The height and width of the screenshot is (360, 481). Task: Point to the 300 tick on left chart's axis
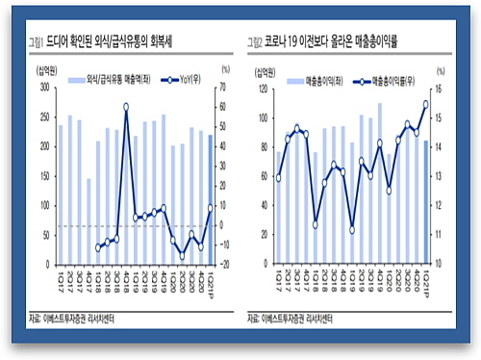44,88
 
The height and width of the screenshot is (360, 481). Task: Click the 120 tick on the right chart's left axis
260,89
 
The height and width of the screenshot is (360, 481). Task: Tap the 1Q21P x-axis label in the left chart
211,283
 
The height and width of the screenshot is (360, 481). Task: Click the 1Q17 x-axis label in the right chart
279,283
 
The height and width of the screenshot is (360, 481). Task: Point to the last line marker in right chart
425,104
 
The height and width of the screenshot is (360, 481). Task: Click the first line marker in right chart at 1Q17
279,178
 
